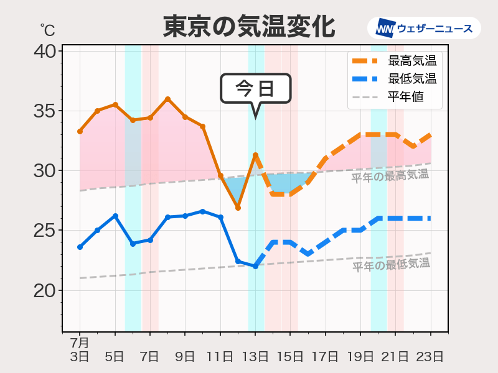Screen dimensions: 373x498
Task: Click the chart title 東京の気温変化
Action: point(249,27)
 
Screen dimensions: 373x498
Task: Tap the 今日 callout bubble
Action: point(256,88)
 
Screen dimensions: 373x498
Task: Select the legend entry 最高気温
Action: point(411,61)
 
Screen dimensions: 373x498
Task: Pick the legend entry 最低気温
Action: point(411,79)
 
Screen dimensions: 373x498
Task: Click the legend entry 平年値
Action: point(405,97)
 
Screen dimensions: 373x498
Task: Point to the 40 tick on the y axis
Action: point(44,51)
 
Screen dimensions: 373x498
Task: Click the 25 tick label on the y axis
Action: point(44,231)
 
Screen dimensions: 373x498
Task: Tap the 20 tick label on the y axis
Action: point(44,291)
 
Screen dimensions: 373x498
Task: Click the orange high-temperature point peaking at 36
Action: point(167,99)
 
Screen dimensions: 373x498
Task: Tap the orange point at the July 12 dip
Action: point(238,208)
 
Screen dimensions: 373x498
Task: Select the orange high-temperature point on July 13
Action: point(255,155)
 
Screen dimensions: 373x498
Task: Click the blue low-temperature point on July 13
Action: point(255,266)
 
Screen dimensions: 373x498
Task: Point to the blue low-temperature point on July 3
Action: point(80,247)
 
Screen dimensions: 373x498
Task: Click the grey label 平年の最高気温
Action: point(390,176)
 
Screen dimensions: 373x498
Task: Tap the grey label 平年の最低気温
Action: point(391,265)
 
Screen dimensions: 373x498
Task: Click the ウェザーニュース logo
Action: point(424,28)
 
